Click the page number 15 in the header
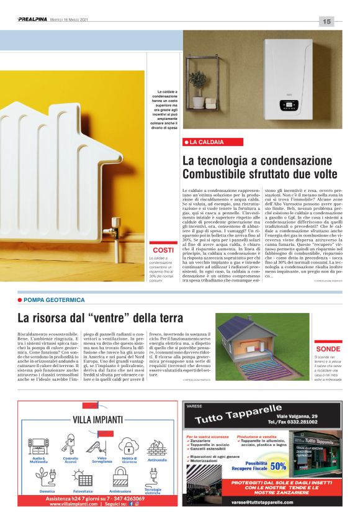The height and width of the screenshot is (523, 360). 327,22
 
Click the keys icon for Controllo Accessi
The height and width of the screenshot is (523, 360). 70,446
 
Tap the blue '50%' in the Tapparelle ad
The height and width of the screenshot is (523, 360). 277,466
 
